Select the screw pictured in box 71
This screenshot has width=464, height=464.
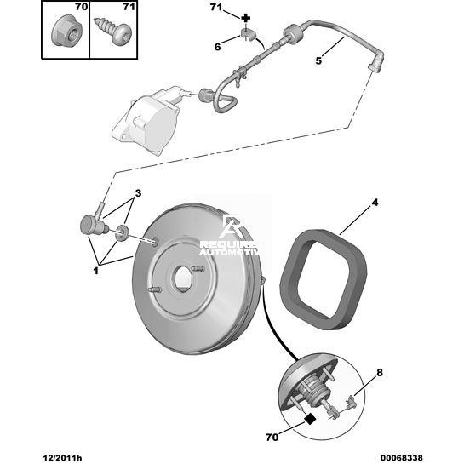click(x=112, y=31)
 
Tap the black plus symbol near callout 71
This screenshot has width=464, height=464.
click(x=245, y=19)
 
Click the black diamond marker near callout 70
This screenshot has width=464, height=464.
click(x=310, y=418)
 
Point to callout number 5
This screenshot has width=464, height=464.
click(x=318, y=60)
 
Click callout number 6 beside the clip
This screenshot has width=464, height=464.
click(x=217, y=47)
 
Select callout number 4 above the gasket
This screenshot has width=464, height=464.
click(x=375, y=203)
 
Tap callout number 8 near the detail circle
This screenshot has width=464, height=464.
click(x=380, y=373)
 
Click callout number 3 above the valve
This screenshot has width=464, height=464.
click(x=138, y=193)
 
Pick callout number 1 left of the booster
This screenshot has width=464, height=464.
click(x=96, y=271)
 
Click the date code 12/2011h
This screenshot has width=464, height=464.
click(x=62, y=458)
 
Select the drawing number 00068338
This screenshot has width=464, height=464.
click(x=401, y=458)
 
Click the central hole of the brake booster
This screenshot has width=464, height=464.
click(x=182, y=278)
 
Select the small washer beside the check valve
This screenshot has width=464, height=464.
click(x=122, y=233)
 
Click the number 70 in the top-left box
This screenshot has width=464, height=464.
click(x=81, y=7)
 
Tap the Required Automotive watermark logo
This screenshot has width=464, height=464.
click(x=232, y=235)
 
